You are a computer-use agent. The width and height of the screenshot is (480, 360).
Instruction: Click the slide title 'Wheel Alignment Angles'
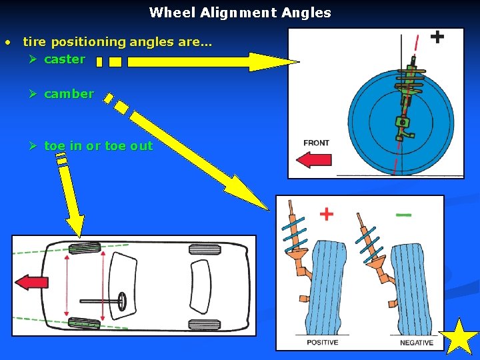click(240, 13)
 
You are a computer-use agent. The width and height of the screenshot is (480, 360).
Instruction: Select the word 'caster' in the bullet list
click(64, 59)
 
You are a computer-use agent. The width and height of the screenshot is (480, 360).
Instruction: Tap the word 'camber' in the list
click(69, 94)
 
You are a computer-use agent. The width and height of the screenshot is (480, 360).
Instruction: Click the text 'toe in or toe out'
click(98, 146)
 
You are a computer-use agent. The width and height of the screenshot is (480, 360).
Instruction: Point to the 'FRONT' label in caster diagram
click(316, 143)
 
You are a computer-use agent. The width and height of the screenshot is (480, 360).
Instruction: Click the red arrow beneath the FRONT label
click(314, 159)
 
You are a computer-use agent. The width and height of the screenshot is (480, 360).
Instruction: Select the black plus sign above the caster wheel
click(437, 36)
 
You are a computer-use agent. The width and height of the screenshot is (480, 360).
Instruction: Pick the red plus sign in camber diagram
click(326, 214)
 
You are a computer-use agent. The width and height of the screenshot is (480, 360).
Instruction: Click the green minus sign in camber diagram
click(403, 215)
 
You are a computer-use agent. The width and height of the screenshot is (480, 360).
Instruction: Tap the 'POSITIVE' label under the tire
click(323, 343)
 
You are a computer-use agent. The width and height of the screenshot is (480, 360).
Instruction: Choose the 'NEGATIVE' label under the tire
click(417, 343)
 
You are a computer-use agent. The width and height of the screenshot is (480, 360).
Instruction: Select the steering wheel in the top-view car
click(123, 301)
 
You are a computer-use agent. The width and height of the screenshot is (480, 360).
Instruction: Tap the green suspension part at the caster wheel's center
click(401, 123)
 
